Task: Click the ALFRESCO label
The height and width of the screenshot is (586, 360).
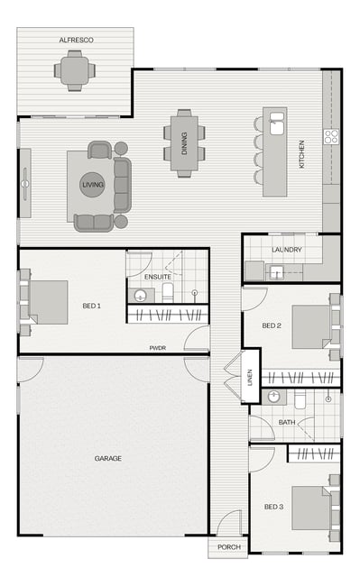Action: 77,40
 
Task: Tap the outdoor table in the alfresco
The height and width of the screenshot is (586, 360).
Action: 75,70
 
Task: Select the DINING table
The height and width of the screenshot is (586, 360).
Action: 184,143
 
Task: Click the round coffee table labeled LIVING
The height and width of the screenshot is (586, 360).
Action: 92,185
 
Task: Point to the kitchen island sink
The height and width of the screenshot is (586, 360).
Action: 276,123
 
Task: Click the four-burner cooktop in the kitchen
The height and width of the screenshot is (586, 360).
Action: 331,136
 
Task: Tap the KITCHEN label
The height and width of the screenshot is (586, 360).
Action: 301,154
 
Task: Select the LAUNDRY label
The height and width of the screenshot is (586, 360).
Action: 287,250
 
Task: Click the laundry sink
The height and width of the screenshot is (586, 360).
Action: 277,272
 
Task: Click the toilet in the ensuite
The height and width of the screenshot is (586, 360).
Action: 168,293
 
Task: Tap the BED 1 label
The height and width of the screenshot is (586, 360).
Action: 92,306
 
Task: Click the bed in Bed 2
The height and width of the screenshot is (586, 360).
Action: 311,327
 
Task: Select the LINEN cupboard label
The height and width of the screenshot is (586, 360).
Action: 250,377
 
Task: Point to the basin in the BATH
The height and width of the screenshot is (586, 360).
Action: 274,396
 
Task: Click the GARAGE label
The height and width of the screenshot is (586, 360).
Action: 108,458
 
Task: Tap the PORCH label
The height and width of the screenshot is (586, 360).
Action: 229,547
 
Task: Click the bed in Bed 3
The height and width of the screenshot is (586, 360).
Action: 311,508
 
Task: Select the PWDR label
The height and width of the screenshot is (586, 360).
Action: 158,348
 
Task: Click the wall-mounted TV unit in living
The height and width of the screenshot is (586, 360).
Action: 25,183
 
